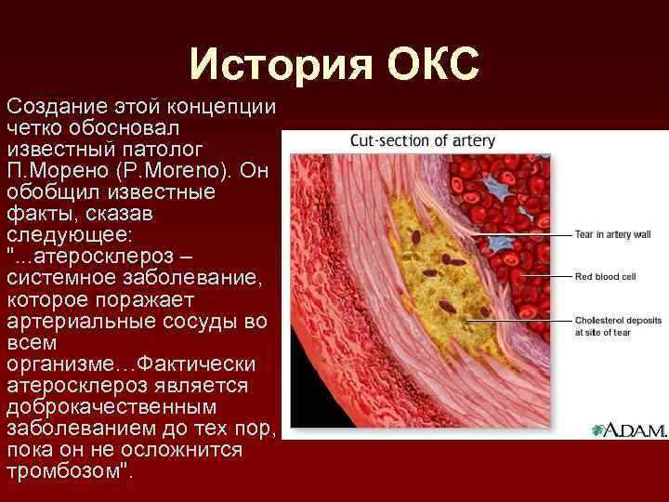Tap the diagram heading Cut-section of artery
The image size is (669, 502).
click(422, 141)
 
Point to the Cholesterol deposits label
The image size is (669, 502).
click(618, 320)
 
